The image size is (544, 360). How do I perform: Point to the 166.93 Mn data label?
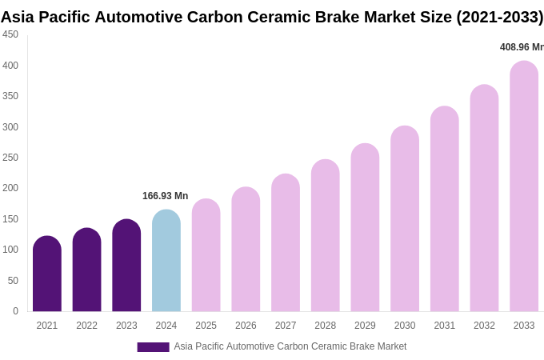click(x=165, y=196)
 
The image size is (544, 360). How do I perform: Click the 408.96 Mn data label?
click(x=522, y=47)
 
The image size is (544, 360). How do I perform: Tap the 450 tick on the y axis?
click(x=10, y=34)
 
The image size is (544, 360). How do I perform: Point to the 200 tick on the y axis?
click(x=10, y=188)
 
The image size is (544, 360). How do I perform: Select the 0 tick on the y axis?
click(x=15, y=311)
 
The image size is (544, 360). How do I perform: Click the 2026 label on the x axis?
click(x=246, y=326)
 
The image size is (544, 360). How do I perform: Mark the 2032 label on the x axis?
click(x=484, y=326)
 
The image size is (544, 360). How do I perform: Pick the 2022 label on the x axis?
click(x=86, y=326)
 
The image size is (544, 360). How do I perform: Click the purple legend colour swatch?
click(x=153, y=347)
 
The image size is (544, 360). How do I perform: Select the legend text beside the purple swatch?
click(x=290, y=346)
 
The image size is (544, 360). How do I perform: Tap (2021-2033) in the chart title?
click(x=499, y=17)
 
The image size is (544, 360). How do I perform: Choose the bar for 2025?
click(x=206, y=255)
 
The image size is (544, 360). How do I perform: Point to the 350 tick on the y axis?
click(x=10, y=96)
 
